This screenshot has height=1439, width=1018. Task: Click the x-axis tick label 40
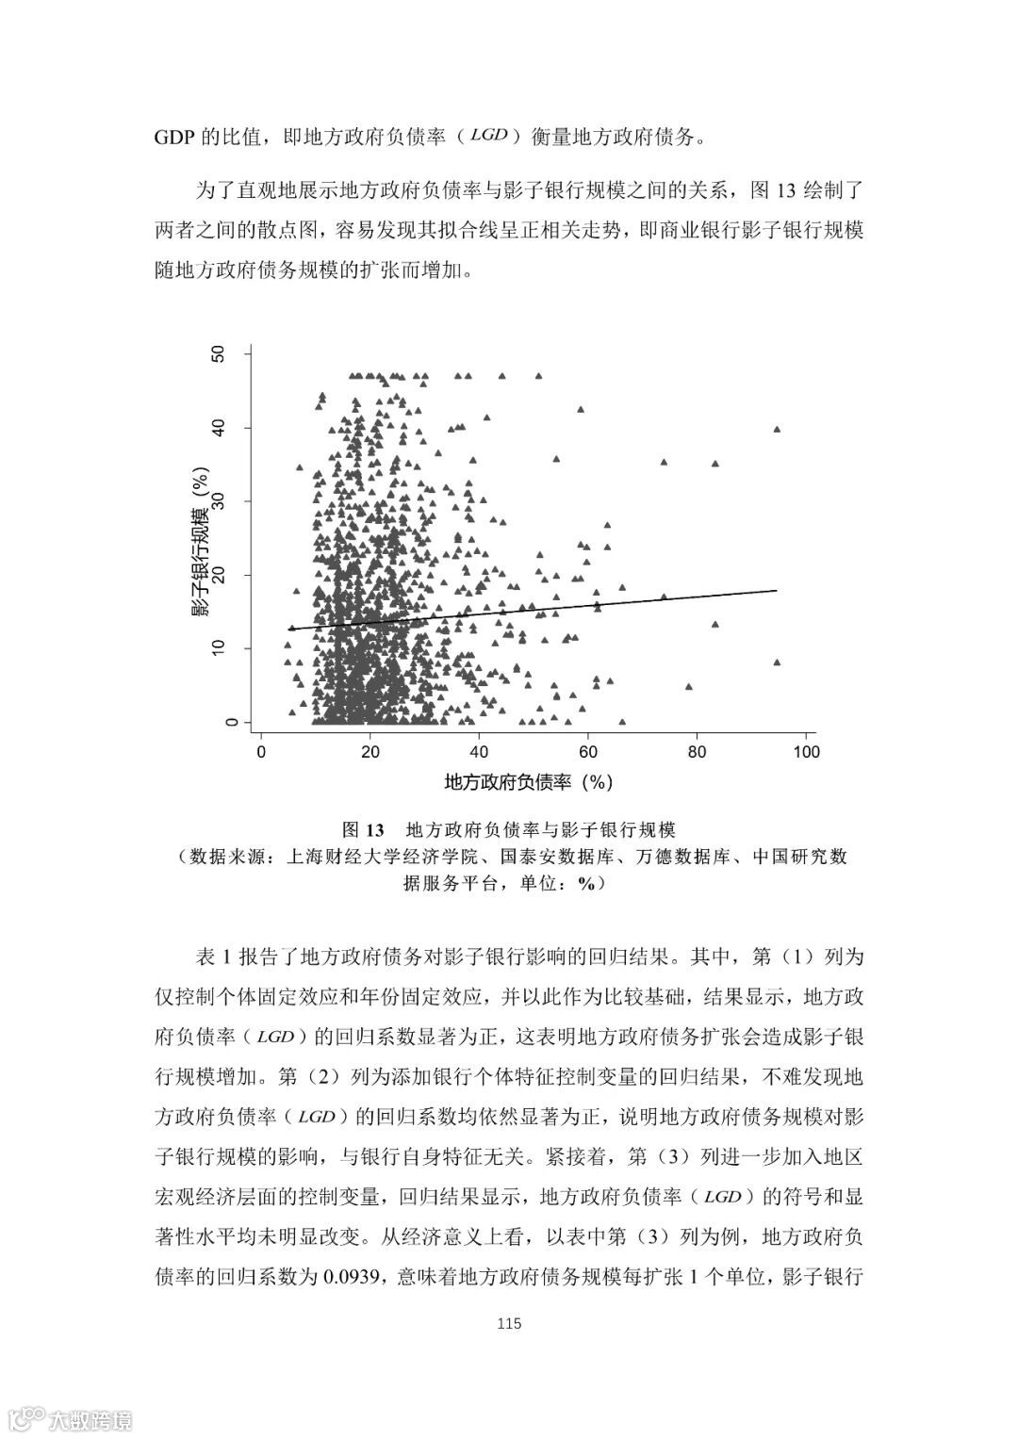pyautogui.click(x=479, y=752)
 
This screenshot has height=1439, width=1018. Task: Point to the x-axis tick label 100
pyautogui.click(x=806, y=752)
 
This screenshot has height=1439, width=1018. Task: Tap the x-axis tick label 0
pyautogui.click(x=261, y=752)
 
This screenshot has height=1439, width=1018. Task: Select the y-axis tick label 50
pyautogui.click(x=220, y=353)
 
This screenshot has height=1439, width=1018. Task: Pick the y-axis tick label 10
pyautogui.click(x=220, y=648)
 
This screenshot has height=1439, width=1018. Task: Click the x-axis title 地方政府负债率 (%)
pyautogui.click(x=529, y=781)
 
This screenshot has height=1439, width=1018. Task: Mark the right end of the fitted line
pyautogui.click(x=777, y=590)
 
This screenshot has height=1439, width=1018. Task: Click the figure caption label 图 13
pyautogui.click(x=364, y=830)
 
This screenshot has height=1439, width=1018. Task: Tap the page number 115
pyautogui.click(x=508, y=1323)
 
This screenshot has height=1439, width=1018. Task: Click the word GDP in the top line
pyautogui.click(x=172, y=138)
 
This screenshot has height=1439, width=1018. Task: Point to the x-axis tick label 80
pyautogui.click(x=697, y=752)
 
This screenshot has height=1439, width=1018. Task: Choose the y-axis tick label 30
pyautogui.click(x=220, y=501)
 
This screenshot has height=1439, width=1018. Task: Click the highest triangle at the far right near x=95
pyautogui.click(x=777, y=429)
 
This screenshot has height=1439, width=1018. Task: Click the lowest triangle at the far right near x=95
pyautogui.click(x=777, y=662)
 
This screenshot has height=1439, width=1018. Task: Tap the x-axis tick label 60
pyautogui.click(x=588, y=752)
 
